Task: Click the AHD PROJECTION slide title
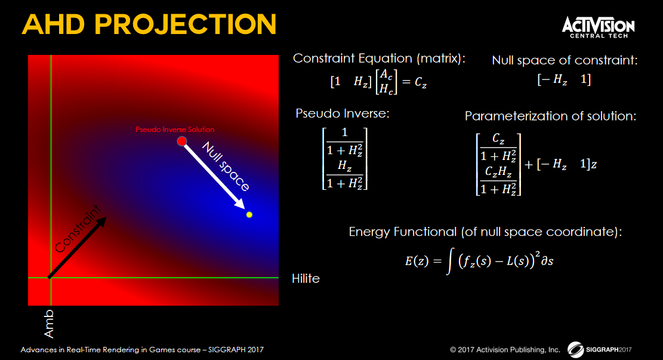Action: click(x=149, y=24)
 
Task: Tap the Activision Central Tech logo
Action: click(x=598, y=27)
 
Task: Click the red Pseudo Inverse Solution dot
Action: click(x=182, y=141)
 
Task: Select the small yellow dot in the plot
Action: click(x=249, y=215)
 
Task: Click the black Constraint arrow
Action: click(x=78, y=248)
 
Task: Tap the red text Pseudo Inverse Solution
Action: click(x=175, y=130)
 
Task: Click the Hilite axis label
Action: click(x=306, y=278)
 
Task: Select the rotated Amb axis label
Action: click(x=49, y=324)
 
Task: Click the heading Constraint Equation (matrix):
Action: click(x=379, y=59)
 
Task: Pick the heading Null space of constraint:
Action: click(x=565, y=60)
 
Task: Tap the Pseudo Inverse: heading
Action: click(x=343, y=113)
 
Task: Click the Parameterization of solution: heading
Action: click(x=551, y=116)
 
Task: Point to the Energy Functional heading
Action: click(x=485, y=232)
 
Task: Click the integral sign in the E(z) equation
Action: click(x=449, y=261)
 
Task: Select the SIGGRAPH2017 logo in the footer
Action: click(x=600, y=349)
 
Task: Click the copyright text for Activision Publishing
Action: click(x=505, y=350)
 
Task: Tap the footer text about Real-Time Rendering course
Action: click(x=142, y=350)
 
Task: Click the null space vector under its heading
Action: click(x=564, y=79)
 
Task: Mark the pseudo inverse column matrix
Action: click(x=344, y=159)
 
